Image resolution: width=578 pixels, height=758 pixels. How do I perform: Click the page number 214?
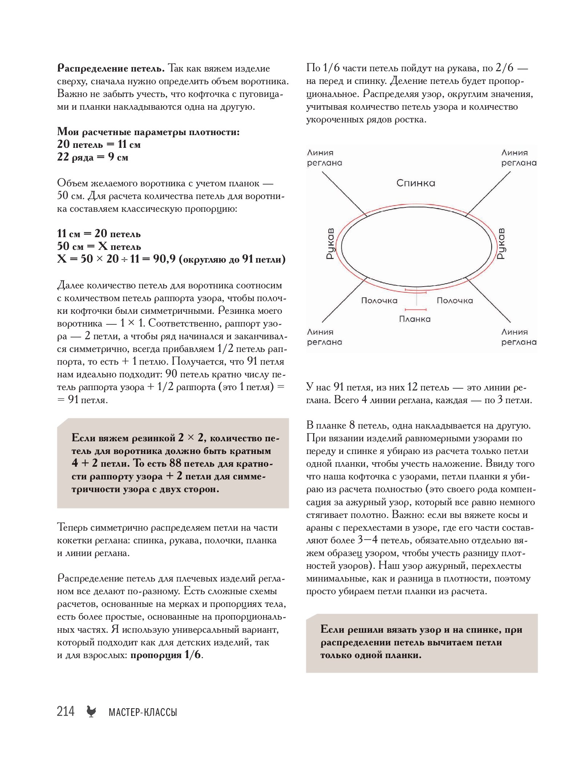[x=65, y=711]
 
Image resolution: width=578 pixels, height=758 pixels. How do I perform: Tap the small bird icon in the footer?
[x=91, y=712]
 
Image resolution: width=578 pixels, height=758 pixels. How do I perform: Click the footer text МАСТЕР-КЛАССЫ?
[x=143, y=712]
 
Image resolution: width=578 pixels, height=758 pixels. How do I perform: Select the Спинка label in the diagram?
[x=416, y=183]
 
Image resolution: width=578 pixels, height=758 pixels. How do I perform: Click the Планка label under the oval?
[x=415, y=319]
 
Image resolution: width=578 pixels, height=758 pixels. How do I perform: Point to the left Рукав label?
[x=330, y=243]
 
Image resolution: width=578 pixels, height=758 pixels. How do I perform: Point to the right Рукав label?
[x=501, y=243]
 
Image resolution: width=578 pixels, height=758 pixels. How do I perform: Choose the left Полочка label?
[x=379, y=301]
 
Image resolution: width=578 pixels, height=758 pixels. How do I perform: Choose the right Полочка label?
[x=455, y=301]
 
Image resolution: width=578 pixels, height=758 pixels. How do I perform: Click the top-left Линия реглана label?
[x=324, y=158]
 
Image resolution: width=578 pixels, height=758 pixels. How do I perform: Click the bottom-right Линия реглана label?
[x=519, y=337]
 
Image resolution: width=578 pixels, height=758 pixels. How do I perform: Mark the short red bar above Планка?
[x=416, y=309]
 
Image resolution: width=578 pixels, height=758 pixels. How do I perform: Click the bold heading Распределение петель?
[x=111, y=68]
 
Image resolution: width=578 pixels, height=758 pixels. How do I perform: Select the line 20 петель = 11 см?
[x=99, y=145]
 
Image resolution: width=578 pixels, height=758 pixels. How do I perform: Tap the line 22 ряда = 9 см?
[x=93, y=157]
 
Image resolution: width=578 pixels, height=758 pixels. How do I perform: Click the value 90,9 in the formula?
[x=164, y=259]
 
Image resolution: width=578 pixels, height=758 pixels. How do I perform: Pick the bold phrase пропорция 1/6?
[x=166, y=655]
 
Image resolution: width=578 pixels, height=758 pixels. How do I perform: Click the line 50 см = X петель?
[x=99, y=246]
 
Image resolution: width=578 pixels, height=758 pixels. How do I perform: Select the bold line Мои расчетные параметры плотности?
[x=148, y=132]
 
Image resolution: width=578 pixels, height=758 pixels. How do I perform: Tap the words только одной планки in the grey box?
[x=371, y=655]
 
